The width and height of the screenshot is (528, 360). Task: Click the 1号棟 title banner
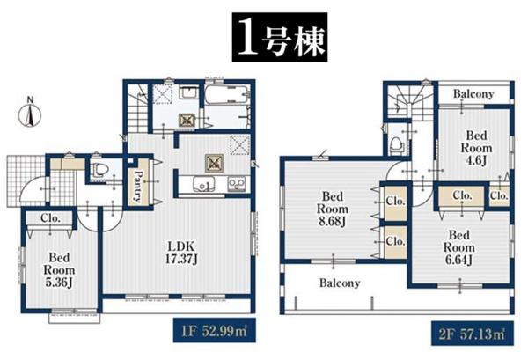point(280,37)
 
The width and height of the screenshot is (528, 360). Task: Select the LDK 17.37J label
point(181,253)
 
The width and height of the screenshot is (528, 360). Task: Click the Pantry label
point(138,186)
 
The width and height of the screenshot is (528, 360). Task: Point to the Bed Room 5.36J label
point(59,269)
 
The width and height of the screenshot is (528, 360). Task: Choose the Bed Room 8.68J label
point(332,209)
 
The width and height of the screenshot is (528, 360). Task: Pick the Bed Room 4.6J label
point(476,148)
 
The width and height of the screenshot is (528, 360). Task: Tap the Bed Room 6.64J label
point(459,247)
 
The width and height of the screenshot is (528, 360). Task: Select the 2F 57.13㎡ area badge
point(473,334)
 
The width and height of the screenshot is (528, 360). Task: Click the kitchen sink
point(204,185)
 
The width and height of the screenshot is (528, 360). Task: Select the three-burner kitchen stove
point(237,184)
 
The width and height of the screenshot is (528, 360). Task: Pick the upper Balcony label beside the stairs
point(473,93)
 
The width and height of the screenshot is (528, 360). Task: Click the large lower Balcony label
point(340,283)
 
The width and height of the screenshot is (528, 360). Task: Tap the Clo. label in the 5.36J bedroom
point(50,218)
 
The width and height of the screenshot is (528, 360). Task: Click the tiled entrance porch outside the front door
point(26,180)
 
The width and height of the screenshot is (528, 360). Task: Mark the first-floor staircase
point(138,107)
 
